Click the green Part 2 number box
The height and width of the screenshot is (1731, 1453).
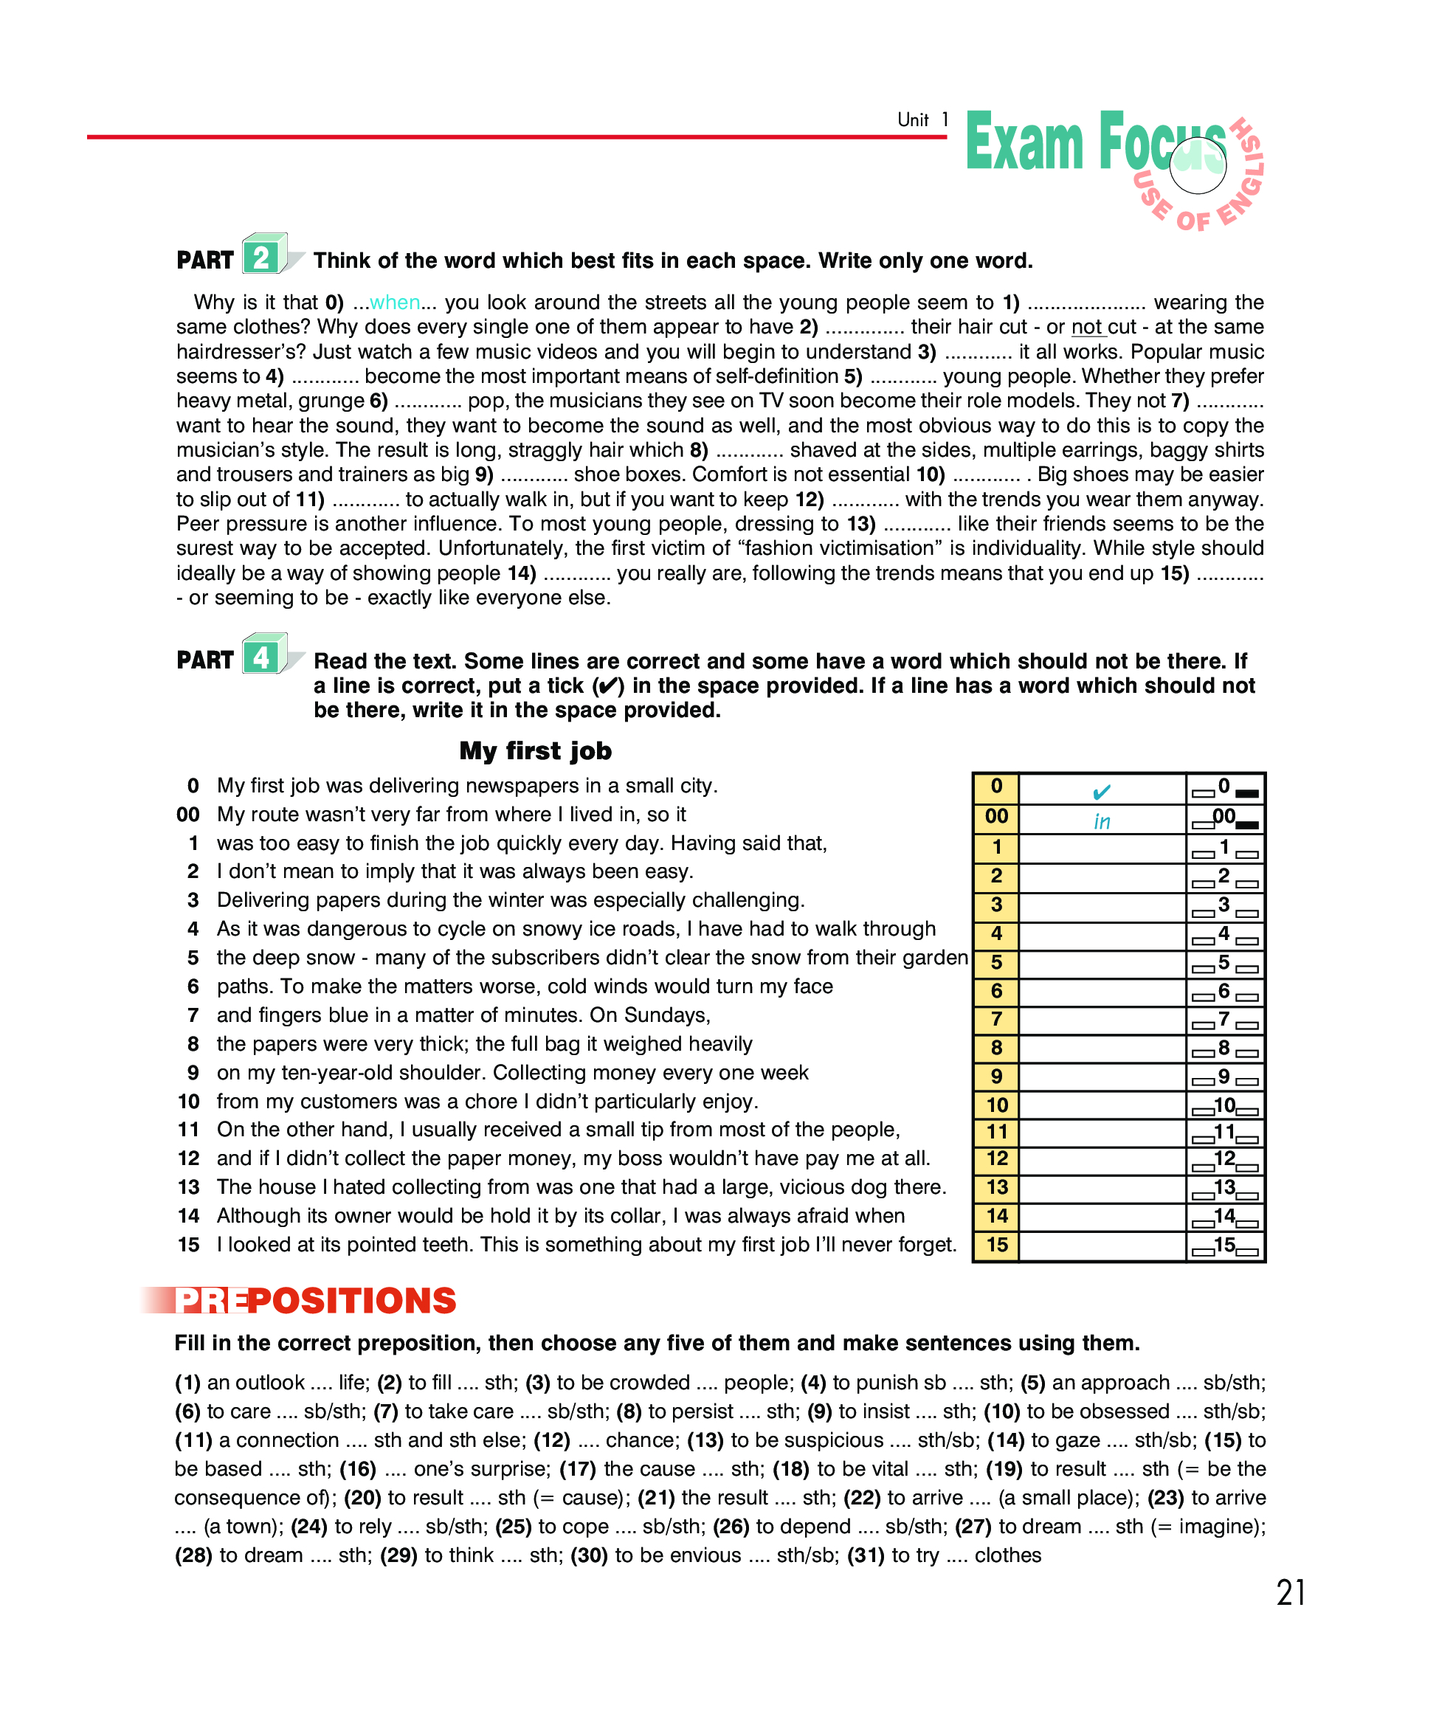point(262,258)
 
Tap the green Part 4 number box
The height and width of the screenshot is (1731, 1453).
point(262,657)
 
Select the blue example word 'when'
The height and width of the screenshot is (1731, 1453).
point(395,303)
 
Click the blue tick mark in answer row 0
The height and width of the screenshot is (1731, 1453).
point(1101,791)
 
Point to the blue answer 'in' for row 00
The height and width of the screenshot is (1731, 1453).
point(1101,821)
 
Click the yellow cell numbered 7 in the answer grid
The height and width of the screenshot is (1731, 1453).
point(996,1019)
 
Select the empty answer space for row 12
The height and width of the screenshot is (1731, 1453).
point(1102,1159)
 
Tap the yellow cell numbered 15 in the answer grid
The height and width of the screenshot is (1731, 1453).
point(996,1245)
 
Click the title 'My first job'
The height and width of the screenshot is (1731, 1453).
point(536,751)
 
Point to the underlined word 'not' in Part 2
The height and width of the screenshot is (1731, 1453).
point(1087,328)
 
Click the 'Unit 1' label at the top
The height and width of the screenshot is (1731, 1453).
point(922,120)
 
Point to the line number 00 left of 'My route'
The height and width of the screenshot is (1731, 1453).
point(188,815)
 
